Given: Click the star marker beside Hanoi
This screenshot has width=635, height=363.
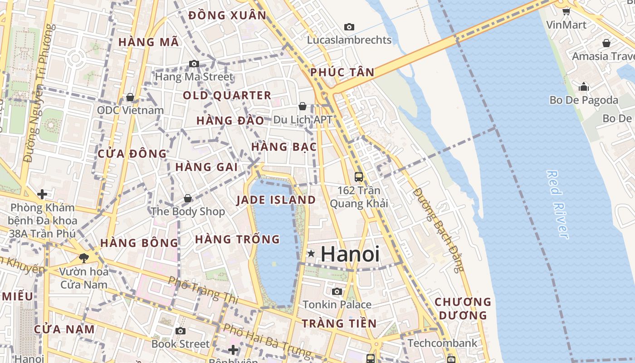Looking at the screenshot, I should point(311,253).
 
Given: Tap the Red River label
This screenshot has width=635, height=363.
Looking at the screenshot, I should point(557,204).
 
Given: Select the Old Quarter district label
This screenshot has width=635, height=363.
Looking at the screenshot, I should point(227,96).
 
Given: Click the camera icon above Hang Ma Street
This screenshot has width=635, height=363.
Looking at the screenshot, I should point(194,64).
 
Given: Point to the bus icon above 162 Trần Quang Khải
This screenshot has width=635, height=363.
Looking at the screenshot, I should point(359,177).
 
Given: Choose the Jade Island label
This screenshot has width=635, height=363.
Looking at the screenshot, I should point(276,200).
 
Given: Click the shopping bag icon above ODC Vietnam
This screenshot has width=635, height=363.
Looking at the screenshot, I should point(130,97).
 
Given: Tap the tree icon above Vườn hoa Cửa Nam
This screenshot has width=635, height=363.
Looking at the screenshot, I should point(83,258).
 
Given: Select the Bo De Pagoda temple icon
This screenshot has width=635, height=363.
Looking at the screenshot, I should point(584,86).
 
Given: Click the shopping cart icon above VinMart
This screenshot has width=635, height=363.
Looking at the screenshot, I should point(566,11).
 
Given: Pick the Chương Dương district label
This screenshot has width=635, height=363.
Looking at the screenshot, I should point(463,308).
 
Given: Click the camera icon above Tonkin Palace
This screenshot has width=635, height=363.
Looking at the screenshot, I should point(337,291).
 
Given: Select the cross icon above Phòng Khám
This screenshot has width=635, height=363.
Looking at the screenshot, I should point(42,194).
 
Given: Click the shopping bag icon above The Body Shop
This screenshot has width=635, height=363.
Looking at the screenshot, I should point(188,198).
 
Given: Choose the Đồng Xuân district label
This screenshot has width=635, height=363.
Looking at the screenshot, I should point(227,15).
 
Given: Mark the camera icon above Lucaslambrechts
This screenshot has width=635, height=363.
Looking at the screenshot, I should point(349,27).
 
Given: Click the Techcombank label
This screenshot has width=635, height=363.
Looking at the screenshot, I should point(442,343).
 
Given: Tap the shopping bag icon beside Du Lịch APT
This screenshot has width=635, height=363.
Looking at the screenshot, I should point(303,106).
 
